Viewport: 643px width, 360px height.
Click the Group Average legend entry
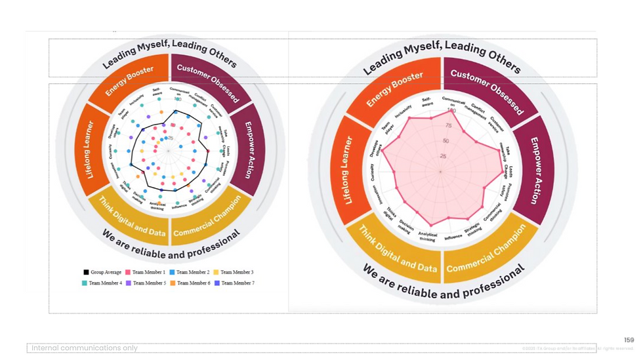[104, 272]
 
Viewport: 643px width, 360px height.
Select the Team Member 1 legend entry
[148, 272]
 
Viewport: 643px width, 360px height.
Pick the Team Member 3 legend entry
[236, 272]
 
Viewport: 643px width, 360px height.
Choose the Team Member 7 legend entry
[236, 283]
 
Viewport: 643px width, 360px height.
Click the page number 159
[629, 340]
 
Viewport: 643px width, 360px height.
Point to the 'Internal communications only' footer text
[85, 348]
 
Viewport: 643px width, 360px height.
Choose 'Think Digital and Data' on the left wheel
[131, 217]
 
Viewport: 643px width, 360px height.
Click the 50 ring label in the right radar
[446, 141]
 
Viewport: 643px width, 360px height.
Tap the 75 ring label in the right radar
[448, 126]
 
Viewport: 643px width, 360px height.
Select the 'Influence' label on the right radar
[453, 237]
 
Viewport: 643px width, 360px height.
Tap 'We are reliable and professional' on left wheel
[171, 245]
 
